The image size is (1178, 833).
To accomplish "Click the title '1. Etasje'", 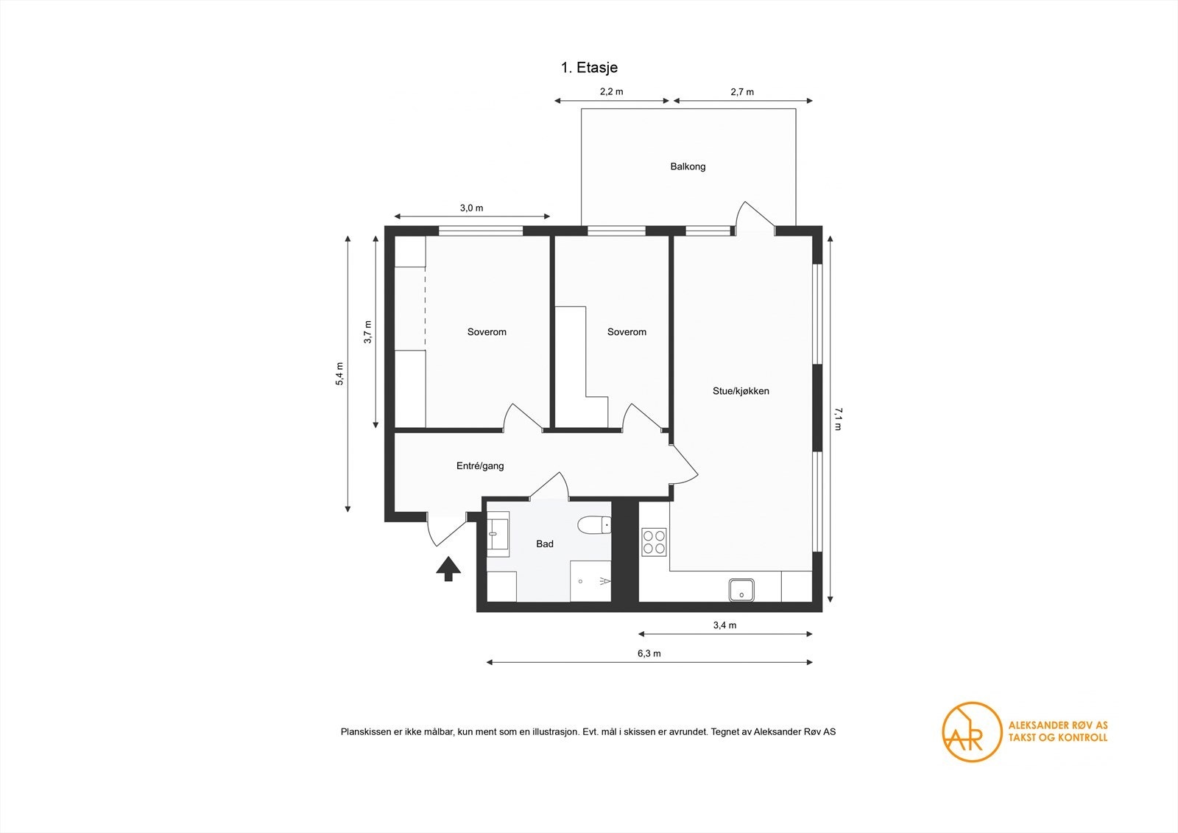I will click(589, 68).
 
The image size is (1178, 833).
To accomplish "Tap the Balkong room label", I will click(688, 166).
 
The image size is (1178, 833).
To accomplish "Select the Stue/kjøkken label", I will click(741, 391).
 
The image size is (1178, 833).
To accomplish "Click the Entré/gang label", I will click(480, 465).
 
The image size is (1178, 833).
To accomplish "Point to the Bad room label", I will click(545, 544).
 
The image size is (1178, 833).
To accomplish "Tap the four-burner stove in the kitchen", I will click(654, 541).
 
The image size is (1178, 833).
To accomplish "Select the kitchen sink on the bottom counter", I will click(741, 590).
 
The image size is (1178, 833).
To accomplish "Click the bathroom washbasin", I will click(498, 533).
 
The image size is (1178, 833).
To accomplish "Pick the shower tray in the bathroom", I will click(590, 581).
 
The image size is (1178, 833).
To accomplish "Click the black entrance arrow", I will click(448, 569).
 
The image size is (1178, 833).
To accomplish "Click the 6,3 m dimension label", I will click(649, 653).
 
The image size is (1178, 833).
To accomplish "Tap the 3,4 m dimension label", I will click(724, 625).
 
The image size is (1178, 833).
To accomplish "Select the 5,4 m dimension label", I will click(339, 373).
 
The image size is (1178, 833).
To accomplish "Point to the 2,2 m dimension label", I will click(611, 92).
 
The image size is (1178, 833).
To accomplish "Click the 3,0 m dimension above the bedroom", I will click(471, 208).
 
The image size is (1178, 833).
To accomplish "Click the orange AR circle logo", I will click(972, 731).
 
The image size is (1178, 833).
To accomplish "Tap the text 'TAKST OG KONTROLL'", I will click(1057, 737).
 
